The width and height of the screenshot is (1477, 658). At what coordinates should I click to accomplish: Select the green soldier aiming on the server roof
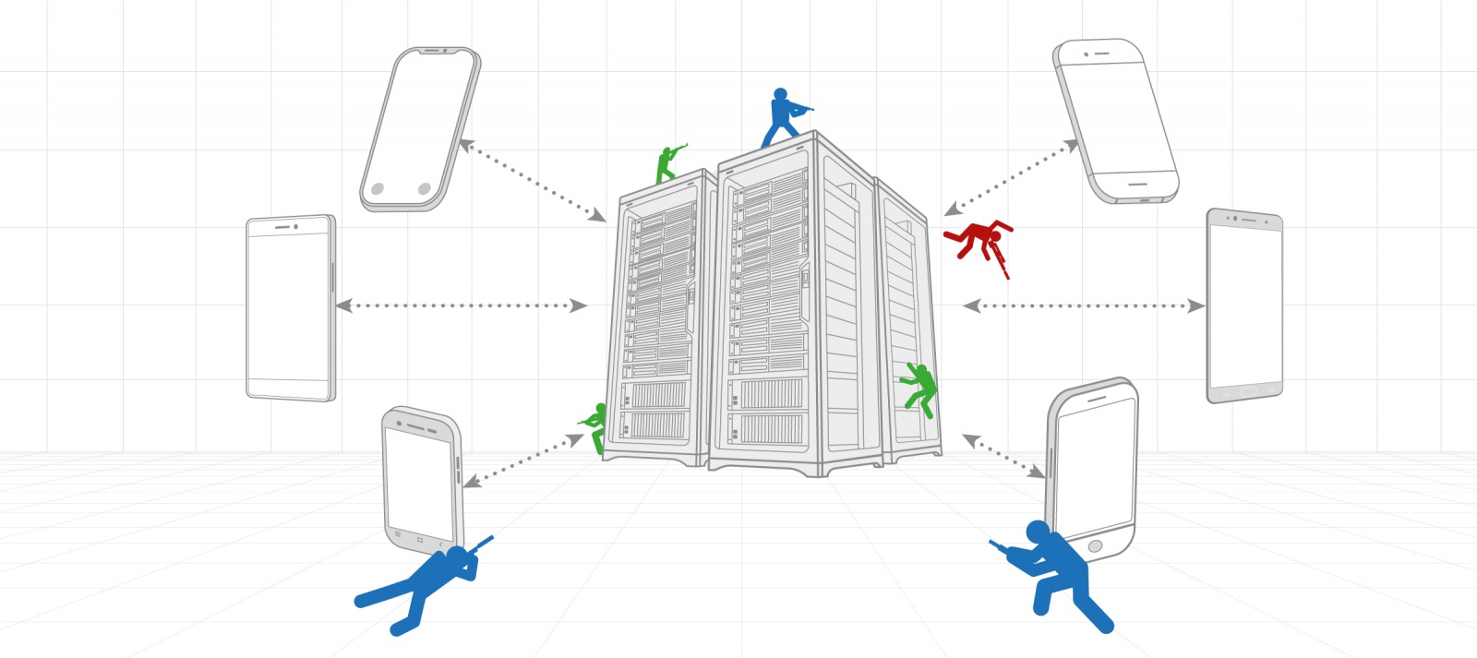[x=666, y=164]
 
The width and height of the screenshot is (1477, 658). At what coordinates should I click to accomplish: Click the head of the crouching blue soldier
[x=1038, y=533]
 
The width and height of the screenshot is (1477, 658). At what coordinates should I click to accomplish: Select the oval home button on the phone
[x=1096, y=546]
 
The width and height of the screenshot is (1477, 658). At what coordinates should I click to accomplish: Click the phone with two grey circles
[x=420, y=129]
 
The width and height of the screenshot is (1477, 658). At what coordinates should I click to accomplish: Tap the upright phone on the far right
[x=1244, y=306]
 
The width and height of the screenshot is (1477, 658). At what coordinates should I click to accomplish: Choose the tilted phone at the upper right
[x=1115, y=120]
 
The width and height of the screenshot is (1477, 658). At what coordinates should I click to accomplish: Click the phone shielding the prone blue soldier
[x=421, y=480]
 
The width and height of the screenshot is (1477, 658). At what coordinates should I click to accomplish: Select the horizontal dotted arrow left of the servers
[x=462, y=305]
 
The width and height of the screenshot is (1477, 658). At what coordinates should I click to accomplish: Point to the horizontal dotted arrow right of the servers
[x=1083, y=305]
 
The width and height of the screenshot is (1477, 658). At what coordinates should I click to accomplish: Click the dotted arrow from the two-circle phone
[x=533, y=181]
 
